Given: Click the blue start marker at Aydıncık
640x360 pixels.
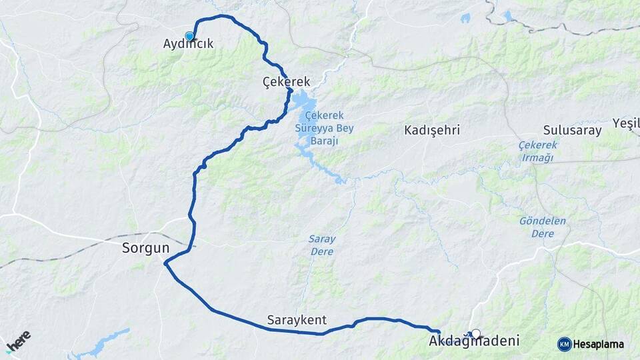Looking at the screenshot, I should coord(189,36).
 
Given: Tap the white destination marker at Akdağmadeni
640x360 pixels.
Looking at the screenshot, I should coord(475,333).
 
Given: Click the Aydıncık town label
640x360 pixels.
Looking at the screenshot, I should coord(188,44).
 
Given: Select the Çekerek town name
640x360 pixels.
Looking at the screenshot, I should coord(287,81).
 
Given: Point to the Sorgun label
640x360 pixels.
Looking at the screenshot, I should coord(145,248).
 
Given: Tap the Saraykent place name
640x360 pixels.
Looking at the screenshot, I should coord(297,320).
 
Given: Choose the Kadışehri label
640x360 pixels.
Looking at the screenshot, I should coord(432,130).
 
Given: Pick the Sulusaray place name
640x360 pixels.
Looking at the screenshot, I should coord(573,130).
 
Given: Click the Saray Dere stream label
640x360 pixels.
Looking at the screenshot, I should coord(321,245).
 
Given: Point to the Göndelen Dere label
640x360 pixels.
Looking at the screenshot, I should coord(543,226).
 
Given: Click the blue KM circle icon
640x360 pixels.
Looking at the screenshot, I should coord(564,344).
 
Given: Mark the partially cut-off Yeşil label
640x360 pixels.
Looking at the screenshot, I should coord(626,124).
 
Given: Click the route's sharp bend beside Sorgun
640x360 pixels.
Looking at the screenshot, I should coord(165,264).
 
